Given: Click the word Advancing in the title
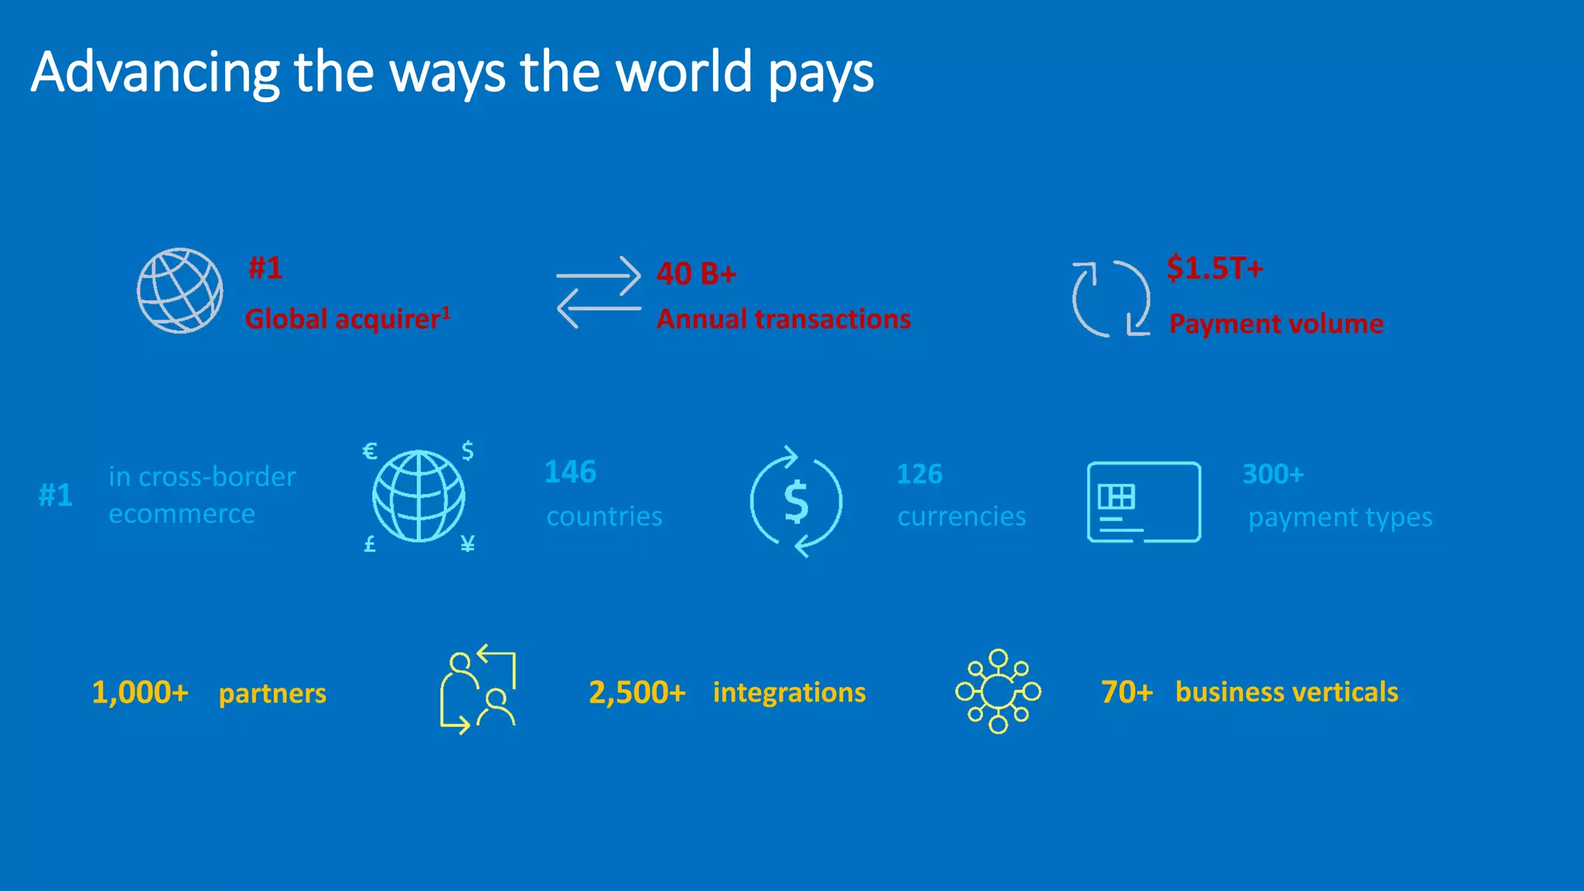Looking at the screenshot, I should pos(155,72).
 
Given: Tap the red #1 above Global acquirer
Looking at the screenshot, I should pos(265,268).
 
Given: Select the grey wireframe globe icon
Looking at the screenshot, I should pos(180,291).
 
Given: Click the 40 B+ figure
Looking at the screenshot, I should pos(696,274).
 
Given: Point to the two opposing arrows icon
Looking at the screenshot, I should pos(599,292).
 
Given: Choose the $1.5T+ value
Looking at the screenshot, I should pos(1214,268).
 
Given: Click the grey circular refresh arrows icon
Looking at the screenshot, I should pos(1111,299).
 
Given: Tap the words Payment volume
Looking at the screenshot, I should pos(1275,323).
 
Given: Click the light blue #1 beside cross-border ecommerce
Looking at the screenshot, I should pos(56,495).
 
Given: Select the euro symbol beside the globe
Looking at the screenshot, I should pos(370,451).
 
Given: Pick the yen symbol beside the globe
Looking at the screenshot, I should pos(467,544).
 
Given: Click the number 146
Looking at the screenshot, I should pos(570,472).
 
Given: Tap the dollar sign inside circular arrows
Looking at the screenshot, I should pos(796,501).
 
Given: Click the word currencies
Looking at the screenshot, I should pos(961,516).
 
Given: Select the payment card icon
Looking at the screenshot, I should pos(1143,502).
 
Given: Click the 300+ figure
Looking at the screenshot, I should pos(1272,474).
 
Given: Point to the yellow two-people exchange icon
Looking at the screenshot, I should pos(478,689).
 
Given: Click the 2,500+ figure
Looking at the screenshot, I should pos(637,692).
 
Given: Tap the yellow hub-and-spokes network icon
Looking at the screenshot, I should pos(998,691).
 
